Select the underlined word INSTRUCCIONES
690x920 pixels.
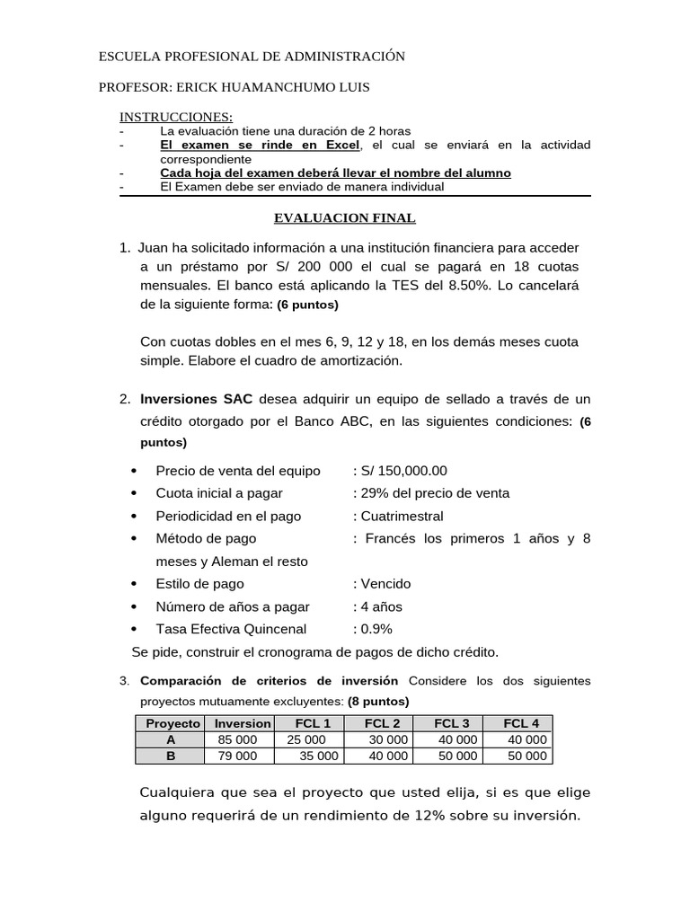tap(177, 117)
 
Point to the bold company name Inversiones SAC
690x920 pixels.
tap(196, 399)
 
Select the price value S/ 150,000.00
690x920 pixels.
tap(404, 471)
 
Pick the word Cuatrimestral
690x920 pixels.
tap(402, 517)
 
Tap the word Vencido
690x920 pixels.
tap(385, 584)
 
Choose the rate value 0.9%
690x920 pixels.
tap(376, 629)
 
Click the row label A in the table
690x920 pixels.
tap(170, 740)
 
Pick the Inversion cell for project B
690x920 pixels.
tap(237, 756)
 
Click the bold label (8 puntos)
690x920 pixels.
tap(378, 701)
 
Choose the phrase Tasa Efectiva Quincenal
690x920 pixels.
tap(231, 629)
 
